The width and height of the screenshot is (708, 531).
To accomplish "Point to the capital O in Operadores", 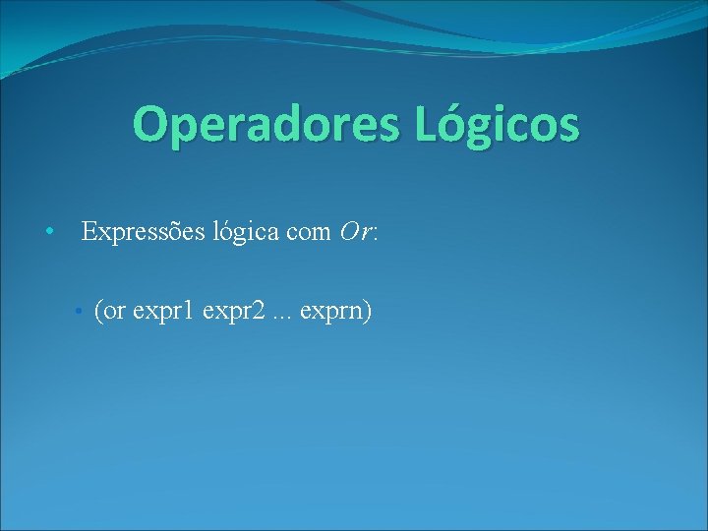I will (151, 125).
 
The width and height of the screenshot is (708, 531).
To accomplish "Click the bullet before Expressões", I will (47, 233).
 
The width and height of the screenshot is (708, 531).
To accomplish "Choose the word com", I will (306, 233).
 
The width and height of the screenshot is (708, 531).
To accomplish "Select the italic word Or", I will (354, 233).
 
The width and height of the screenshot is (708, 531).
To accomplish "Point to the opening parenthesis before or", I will (97, 312).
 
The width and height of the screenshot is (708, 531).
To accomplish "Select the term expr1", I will (163, 313).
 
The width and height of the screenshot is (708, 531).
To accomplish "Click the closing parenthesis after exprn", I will (367, 312).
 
